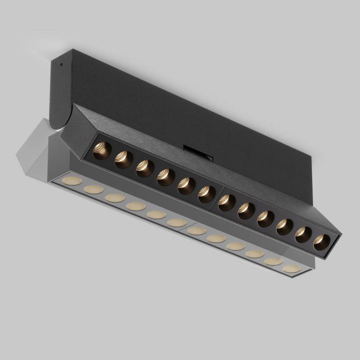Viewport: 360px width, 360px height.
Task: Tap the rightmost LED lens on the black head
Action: click(x=321, y=242)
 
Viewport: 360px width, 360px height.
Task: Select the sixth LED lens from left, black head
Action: click(x=206, y=194)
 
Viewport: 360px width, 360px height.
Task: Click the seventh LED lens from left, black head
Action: click(x=226, y=202)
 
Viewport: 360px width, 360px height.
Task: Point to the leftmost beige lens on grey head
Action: click(x=72, y=181)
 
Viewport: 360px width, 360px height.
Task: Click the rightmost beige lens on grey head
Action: click(x=291, y=269)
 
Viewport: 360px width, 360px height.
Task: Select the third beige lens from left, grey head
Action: click(x=115, y=198)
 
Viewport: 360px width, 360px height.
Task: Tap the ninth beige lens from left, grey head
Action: click(x=236, y=246)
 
